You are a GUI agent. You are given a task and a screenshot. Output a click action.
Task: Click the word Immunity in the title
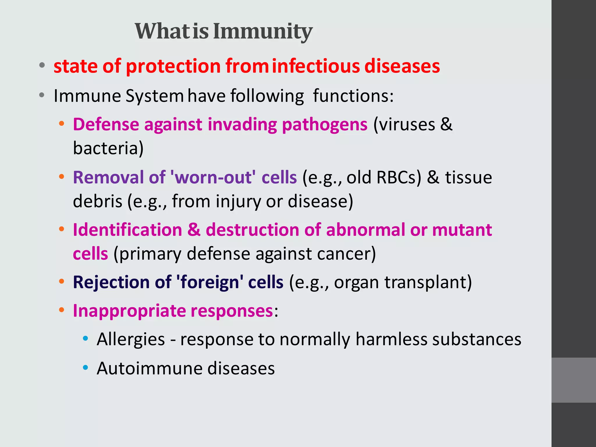262,31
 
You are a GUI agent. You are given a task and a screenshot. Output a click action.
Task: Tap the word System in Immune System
155,96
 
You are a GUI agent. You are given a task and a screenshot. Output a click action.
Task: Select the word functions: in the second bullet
353,96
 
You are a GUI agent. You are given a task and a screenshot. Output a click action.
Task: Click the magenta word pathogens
324,125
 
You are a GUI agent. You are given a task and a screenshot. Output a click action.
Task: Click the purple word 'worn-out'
213,177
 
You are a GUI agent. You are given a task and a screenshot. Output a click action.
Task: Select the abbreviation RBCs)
399,177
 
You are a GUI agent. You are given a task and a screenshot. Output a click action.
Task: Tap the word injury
238,201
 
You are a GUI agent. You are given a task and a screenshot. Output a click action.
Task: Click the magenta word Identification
127,230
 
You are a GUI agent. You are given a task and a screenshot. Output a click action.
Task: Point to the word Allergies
131,339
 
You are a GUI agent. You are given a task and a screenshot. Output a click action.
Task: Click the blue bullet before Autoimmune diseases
85,368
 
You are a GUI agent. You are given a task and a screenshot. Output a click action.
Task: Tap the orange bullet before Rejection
61,281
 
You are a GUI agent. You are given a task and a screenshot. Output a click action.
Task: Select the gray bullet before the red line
42,65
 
